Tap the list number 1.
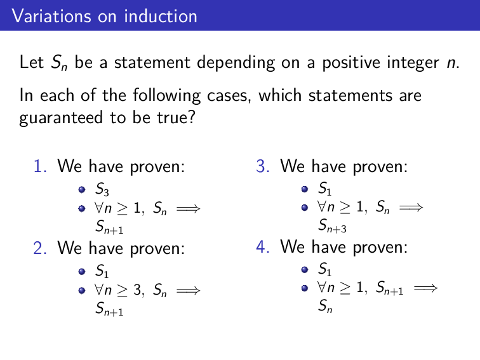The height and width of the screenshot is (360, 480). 40,168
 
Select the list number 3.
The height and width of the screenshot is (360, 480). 263,168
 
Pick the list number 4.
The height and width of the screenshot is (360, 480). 263,246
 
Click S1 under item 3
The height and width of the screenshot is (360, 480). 324,189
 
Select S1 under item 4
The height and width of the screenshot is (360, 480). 324,269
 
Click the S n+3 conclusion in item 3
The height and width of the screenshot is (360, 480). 331,226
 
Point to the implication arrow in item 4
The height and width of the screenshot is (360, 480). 425,288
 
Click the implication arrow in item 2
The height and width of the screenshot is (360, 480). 188,291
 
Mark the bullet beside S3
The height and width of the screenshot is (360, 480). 82,189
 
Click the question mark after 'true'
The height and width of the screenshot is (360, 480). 190,119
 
